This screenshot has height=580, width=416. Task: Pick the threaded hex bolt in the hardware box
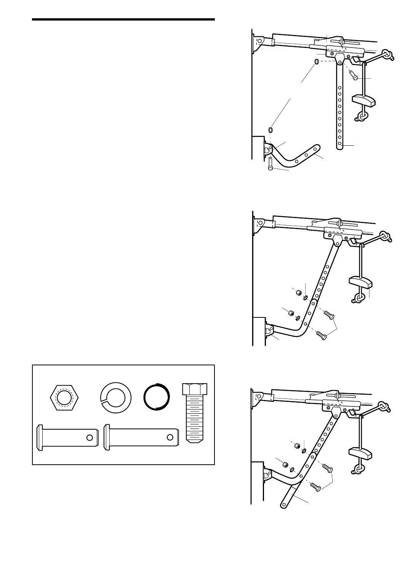pyautogui.click(x=195, y=412)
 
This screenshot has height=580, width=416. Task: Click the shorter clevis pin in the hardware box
pyautogui.click(x=67, y=437)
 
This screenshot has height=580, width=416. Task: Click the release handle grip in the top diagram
pyautogui.click(x=363, y=100)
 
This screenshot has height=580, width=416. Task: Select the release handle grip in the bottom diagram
pyautogui.click(x=360, y=453)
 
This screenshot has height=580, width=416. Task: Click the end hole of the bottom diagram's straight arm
pyautogui.click(x=283, y=505)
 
